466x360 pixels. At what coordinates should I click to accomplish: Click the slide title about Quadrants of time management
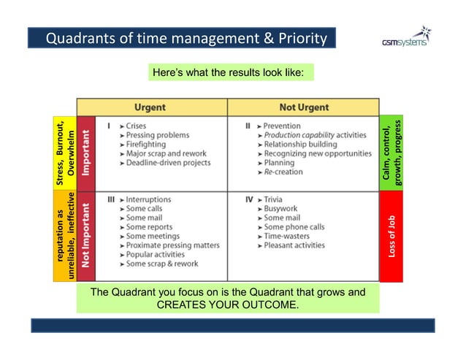pyautogui.click(x=186, y=38)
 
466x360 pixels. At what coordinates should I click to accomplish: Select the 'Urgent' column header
pyautogui.click(x=149, y=107)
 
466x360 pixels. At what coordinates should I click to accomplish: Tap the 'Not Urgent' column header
pyautogui.click(x=303, y=107)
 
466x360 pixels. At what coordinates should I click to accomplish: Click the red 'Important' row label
pyautogui.click(x=86, y=153)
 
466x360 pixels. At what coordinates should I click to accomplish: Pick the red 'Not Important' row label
pyautogui.click(x=86, y=235)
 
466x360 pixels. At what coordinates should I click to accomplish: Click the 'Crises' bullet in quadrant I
pyautogui.click(x=136, y=126)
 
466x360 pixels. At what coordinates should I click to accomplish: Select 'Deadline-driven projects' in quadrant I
pyautogui.click(x=168, y=163)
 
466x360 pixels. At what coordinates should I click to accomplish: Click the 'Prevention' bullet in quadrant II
pyautogui.click(x=282, y=126)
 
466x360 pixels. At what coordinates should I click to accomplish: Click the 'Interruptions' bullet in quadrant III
pyautogui.click(x=148, y=199)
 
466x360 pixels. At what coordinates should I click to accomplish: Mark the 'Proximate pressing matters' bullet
pyautogui.click(x=172, y=245)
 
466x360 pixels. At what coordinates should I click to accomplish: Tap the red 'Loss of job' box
pyautogui.click(x=391, y=235)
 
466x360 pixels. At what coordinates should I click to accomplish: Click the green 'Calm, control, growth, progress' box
pyautogui.click(x=391, y=153)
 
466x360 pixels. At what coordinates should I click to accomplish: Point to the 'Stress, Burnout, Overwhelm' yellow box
pyautogui.click(x=66, y=153)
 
